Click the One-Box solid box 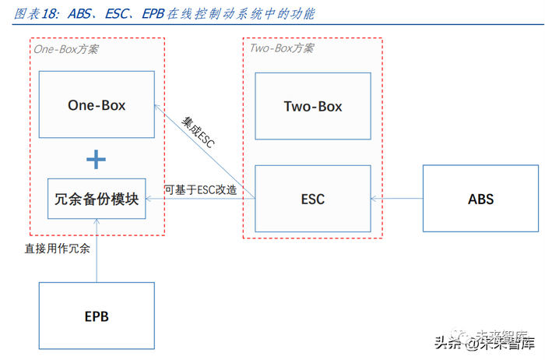[x=97, y=104]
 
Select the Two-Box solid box [x=313, y=106]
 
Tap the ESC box [x=313, y=199]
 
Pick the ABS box [x=480, y=199]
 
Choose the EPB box [x=97, y=316]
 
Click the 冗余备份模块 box [x=97, y=199]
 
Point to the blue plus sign [x=96, y=160]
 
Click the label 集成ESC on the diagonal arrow [x=198, y=132]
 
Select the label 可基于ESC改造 [x=201, y=190]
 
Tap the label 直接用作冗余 [x=58, y=249]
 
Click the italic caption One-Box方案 [x=66, y=49]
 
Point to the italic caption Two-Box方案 [x=282, y=48]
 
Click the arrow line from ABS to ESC [x=397, y=199]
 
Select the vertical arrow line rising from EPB [x=97, y=250]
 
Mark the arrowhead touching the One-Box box [x=157, y=108]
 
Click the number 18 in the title [x=48, y=14]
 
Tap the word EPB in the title [x=153, y=14]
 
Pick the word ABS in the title [x=79, y=14]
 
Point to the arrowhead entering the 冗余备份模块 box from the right [x=149, y=199]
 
